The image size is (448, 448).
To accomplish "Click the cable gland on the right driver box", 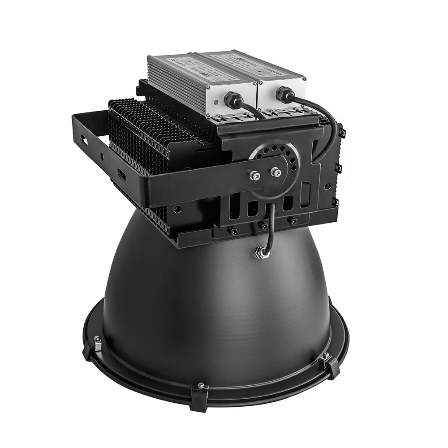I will click(285, 95).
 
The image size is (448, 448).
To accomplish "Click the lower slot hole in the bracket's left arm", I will click(121, 174).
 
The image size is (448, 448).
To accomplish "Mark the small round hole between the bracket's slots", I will click(102, 157).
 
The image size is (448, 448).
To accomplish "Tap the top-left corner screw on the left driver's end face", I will click(208, 88).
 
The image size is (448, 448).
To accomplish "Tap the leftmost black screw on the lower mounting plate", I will click(233, 231).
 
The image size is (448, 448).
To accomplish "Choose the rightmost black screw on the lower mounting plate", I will click(293, 221).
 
